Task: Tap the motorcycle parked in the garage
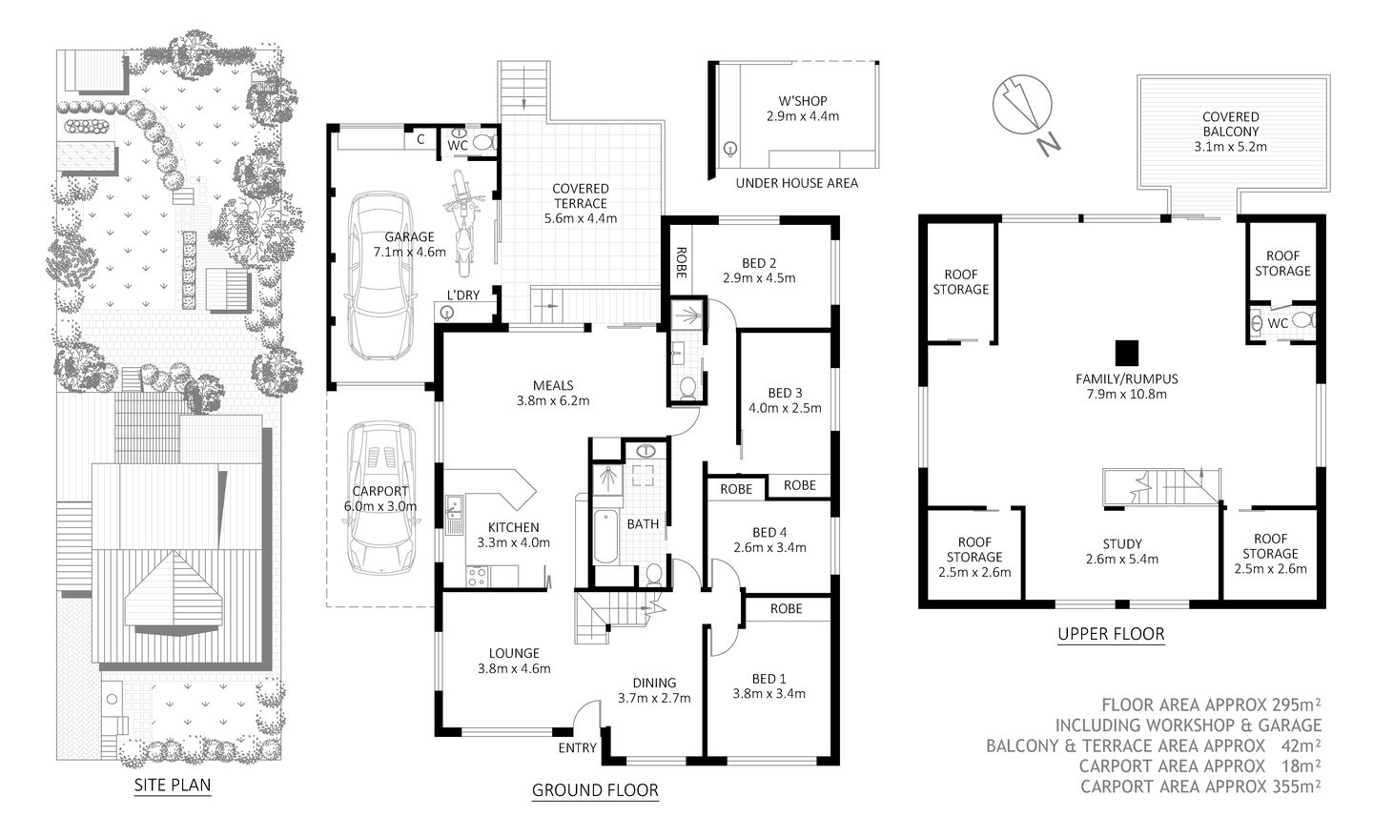463,220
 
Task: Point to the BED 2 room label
759,263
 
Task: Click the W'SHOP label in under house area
802,100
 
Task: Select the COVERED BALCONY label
1230,124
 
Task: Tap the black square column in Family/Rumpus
1127,352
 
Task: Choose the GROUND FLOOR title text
594,789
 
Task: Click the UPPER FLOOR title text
1111,633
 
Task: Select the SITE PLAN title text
172,786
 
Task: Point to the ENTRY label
577,747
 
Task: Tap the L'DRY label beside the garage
463,296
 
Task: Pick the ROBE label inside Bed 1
786,608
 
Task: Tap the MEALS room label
553,385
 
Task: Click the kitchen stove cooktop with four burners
476,576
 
